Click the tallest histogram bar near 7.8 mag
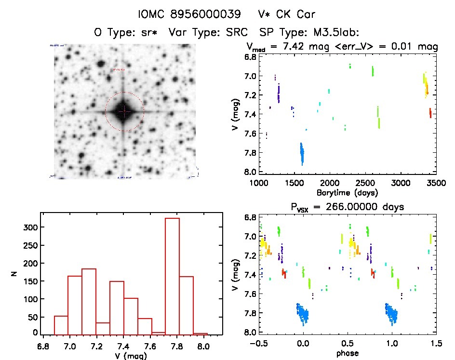[x=172, y=275]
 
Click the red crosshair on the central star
[x=124, y=111]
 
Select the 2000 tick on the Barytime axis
[x=330, y=183]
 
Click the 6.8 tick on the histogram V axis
[x=43, y=346]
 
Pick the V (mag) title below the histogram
[x=132, y=355]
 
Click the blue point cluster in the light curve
[x=302, y=153]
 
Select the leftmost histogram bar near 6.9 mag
[x=61, y=324]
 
